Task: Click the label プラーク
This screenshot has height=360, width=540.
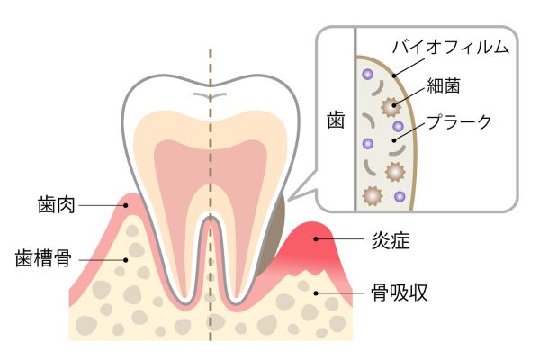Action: click(x=458, y=121)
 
